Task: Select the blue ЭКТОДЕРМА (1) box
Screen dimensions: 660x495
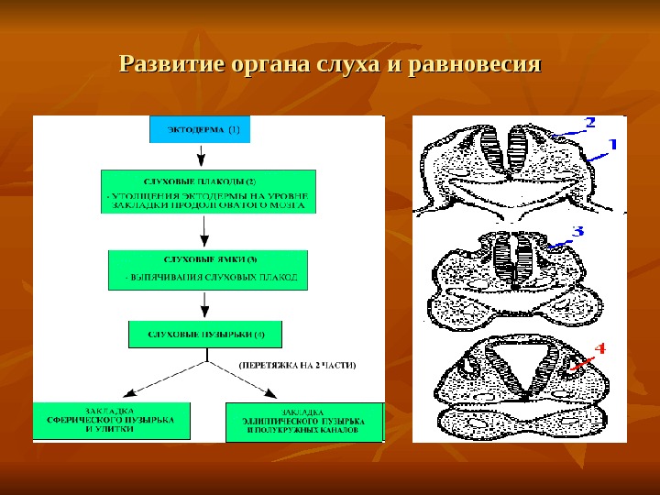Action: coord(200,129)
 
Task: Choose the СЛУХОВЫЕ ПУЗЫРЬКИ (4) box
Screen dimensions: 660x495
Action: coord(204,332)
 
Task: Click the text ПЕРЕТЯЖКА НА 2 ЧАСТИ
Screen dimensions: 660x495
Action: coord(298,365)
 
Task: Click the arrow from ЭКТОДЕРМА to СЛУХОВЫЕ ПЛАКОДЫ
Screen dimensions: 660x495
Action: coord(200,156)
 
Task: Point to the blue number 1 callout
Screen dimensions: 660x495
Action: coord(610,145)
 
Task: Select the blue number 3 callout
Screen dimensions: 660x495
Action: coord(577,232)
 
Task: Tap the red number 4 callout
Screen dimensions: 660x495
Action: coord(599,349)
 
